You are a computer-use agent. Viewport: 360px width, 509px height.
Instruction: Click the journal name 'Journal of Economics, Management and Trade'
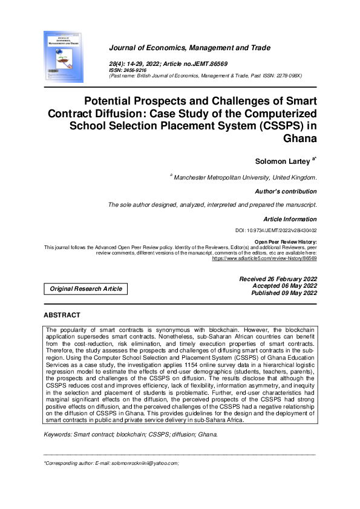pos(189,48)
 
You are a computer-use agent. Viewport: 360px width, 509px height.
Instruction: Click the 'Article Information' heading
pos(290,219)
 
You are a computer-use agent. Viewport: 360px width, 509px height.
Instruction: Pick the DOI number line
pos(276,231)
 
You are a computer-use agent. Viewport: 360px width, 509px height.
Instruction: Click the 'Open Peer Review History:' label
pos(285,242)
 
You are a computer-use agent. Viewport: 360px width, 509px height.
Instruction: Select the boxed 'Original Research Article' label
pos(86,289)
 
